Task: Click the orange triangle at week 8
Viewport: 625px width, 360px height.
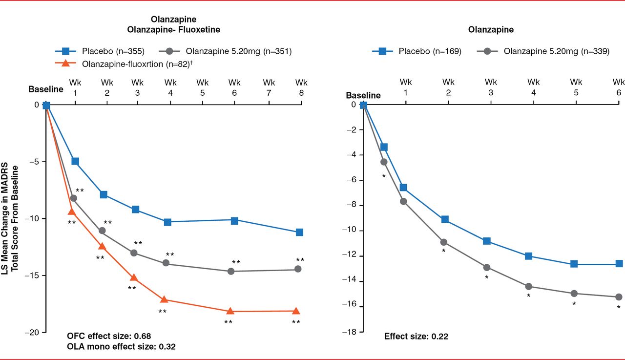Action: [x=296, y=311]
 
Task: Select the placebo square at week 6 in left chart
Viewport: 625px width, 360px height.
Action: [x=234, y=221]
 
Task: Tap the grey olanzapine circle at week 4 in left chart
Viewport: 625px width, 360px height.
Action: [x=166, y=263]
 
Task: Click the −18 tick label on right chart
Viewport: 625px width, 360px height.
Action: [x=351, y=332]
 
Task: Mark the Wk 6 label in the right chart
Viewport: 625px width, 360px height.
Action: [x=619, y=86]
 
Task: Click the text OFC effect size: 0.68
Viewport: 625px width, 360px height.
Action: [x=103, y=336]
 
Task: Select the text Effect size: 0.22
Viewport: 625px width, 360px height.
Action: [x=416, y=336]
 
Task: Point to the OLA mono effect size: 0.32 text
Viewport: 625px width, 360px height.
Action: [x=122, y=347]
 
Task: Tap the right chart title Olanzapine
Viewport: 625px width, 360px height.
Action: [x=491, y=30]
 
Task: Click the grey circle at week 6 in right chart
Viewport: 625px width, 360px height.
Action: [x=619, y=297]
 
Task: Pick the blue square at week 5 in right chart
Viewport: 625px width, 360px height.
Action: [x=574, y=264]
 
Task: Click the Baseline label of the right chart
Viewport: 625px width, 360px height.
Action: [x=363, y=95]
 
